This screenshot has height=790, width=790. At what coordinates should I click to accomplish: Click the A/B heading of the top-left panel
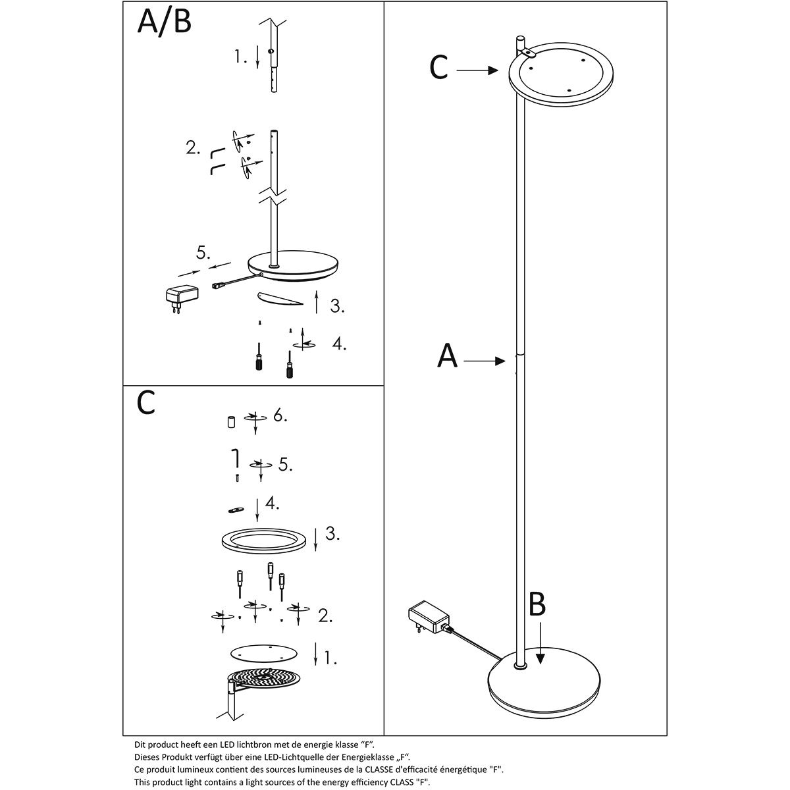coord(165,22)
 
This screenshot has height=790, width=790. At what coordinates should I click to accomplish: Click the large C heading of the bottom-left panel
coord(146,403)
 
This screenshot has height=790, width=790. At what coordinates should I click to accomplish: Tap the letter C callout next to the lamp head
coord(438,67)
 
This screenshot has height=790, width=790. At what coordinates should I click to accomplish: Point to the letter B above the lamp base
coord(537,604)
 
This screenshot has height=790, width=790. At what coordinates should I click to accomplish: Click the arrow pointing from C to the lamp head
coord(477,69)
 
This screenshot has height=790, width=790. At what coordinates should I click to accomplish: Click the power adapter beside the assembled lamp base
coord(428,619)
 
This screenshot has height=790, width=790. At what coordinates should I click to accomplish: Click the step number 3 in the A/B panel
coord(337,305)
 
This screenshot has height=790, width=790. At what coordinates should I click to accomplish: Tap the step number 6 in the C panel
coord(280,417)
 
